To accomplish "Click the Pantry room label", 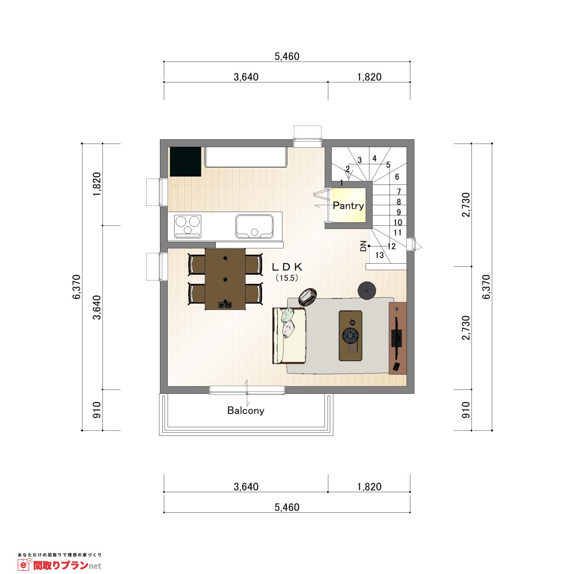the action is (x=348, y=206).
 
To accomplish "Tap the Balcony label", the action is (x=246, y=411).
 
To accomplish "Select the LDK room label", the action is (x=287, y=266).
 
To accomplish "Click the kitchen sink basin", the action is (x=254, y=227).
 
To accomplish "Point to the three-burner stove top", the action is (x=188, y=225).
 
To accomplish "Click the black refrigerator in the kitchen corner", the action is (x=186, y=161).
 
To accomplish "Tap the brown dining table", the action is (x=225, y=279).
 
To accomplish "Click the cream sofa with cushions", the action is (x=289, y=335).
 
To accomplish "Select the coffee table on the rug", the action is (x=351, y=335).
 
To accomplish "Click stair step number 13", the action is (x=379, y=256).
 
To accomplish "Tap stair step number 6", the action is (x=397, y=177).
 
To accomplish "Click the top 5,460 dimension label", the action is (x=287, y=57).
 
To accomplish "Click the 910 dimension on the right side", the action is (x=466, y=410).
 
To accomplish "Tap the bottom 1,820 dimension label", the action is (x=369, y=487).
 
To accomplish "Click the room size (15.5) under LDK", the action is (x=287, y=279).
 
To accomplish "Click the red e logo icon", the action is (x=24, y=565).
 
